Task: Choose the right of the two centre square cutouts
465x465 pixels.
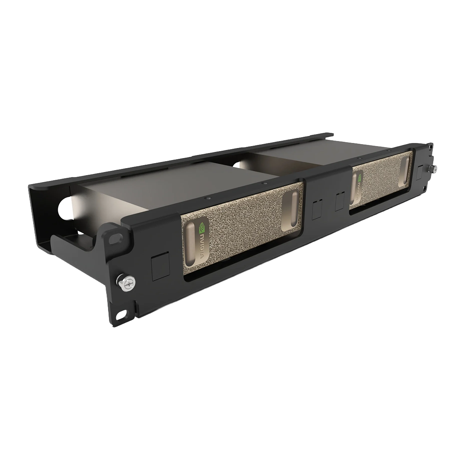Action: click(340, 199)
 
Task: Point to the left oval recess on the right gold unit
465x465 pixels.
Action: click(354, 188)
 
